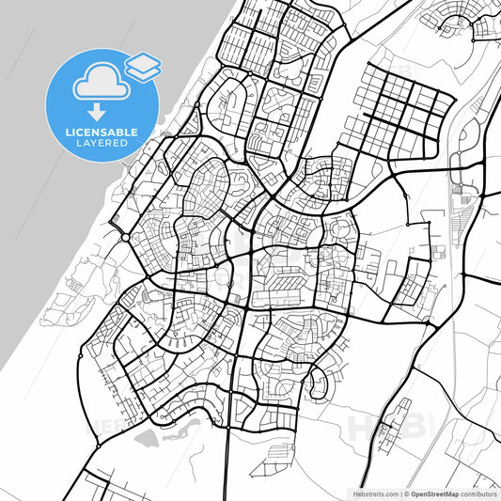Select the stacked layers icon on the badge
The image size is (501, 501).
(142, 66)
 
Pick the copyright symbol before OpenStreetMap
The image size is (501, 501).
(405, 493)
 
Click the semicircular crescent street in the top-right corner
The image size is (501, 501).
(465, 23)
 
